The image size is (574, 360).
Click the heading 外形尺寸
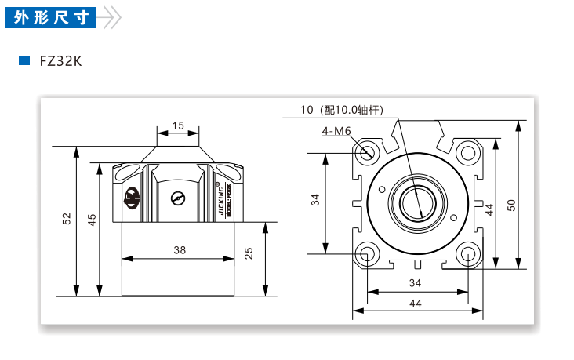pyautogui.click(x=50, y=16)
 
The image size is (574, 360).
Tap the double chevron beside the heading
pyautogui.click(x=111, y=16)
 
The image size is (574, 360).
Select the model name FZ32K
pyautogui.click(x=60, y=60)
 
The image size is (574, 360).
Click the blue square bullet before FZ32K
pyautogui.click(x=24, y=60)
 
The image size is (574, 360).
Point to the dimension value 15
pyautogui.click(x=178, y=125)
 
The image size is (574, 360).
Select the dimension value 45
pyautogui.click(x=91, y=220)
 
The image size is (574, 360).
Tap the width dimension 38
pyautogui.click(x=179, y=250)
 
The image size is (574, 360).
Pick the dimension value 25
pyautogui.click(x=249, y=253)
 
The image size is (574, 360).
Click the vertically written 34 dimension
pyautogui.click(x=315, y=201)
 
